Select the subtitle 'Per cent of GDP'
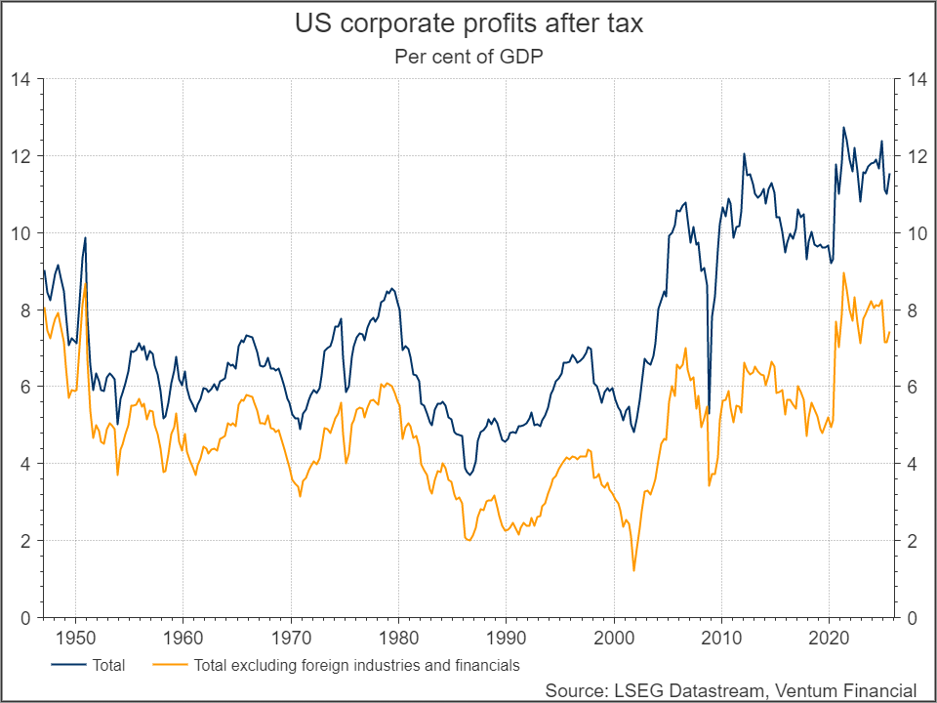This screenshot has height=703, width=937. (468, 56)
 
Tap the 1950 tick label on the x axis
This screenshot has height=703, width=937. (74, 639)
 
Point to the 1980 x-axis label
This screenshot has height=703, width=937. (398, 639)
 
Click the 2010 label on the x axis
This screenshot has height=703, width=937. (720, 639)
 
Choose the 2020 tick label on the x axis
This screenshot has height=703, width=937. (829, 639)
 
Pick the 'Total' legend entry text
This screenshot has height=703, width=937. (108, 666)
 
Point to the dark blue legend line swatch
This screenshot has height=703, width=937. (65, 666)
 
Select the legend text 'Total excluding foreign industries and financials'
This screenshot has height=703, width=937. (356, 666)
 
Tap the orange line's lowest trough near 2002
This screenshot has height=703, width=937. (633, 570)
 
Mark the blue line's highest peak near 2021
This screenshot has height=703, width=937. (843, 127)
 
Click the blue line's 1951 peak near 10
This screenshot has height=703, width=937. (86, 237)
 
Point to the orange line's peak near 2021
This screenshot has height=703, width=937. (843, 272)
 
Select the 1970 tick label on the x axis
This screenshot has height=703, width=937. (290, 639)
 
